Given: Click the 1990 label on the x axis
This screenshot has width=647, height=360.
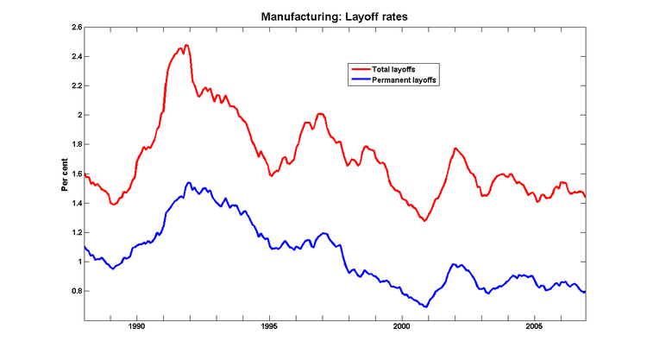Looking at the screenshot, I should pos(136,327).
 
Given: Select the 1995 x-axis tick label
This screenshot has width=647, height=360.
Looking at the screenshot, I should pos(269,327).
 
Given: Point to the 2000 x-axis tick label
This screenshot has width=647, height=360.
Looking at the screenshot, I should pos(402,327).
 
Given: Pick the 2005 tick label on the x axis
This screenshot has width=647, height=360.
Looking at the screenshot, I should pos(535,327).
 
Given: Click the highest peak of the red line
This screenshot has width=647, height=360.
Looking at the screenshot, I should pos(186,45).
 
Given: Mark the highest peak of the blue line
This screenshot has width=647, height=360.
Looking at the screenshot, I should pos(188,183).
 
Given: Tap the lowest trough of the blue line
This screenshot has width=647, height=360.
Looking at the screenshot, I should pos(425,306).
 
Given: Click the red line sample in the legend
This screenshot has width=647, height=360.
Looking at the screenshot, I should pos(358,68).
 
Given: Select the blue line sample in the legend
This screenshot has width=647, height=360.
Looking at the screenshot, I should pos(358,79).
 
